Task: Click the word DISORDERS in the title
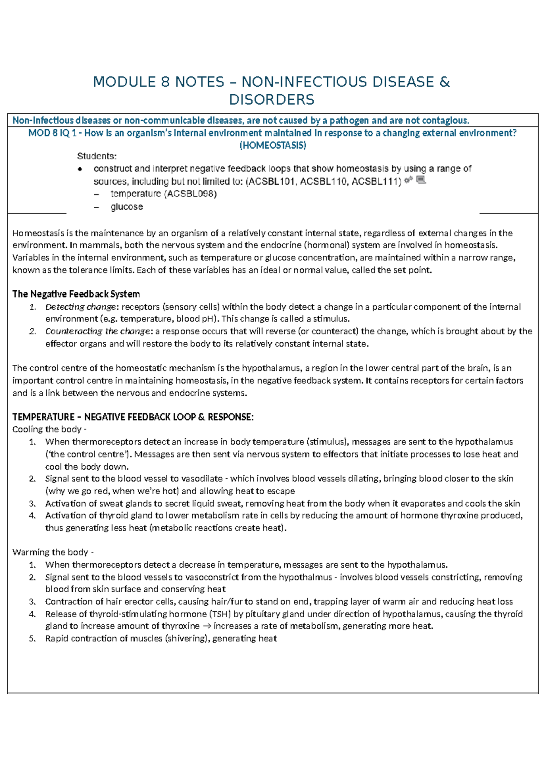click(272, 100)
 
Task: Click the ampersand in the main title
click(445, 82)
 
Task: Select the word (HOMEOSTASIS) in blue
click(272, 146)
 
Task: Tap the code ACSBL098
click(190, 194)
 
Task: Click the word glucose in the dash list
click(126, 207)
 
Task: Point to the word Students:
click(97, 156)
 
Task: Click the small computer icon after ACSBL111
click(421, 180)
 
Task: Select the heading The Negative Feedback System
click(76, 294)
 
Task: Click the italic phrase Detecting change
click(80, 307)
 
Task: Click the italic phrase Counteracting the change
click(97, 331)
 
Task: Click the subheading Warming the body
click(51, 552)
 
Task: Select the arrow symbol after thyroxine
click(206, 626)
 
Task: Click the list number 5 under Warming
click(32, 639)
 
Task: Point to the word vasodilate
click(202, 479)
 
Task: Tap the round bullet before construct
click(80, 169)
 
